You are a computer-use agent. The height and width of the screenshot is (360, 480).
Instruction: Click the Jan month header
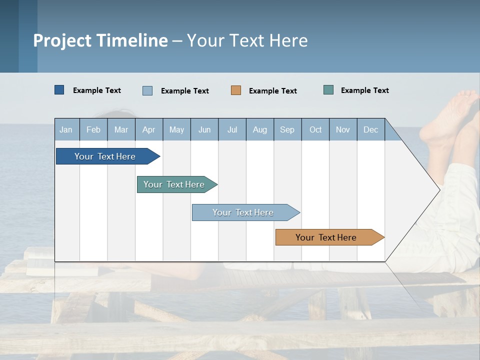tap(66, 130)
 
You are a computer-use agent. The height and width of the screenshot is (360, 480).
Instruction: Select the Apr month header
tap(148, 130)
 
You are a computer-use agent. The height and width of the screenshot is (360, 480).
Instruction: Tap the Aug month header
tap(259, 130)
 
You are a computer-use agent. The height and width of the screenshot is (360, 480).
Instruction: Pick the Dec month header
tap(370, 130)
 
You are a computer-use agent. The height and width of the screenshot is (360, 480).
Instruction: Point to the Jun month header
tap(204, 130)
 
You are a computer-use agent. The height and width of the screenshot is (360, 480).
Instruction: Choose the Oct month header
tap(315, 130)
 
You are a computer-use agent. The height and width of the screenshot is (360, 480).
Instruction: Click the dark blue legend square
tap(59, 90)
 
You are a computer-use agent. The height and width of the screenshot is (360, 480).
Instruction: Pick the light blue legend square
tap(147, 90)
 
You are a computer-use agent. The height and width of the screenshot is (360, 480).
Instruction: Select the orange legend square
tap(236, 90)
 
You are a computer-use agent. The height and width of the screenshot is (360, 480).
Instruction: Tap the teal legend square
tap(328, 90)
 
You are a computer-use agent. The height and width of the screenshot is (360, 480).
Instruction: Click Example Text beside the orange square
tap(272, 91)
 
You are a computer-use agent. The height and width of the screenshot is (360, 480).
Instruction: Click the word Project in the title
tap(62, 40)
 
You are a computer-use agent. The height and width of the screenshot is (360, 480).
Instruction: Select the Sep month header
tap(287, 130)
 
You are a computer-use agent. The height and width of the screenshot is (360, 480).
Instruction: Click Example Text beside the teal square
tap(364, 90)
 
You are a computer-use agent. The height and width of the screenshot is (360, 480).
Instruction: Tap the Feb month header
tap(93, 130)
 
